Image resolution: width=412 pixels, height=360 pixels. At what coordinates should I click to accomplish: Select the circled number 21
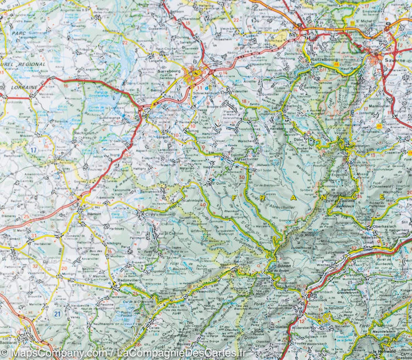pyautogui.click(x=57, y=314)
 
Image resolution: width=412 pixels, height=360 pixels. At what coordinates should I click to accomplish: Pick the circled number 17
pyautogui.click(x=33, y=151)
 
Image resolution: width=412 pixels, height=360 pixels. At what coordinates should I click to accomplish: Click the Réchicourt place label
pyautogui.click(x=86, y=132)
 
